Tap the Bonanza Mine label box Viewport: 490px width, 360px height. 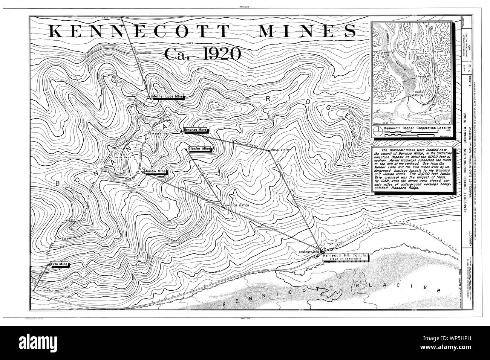point(195,130)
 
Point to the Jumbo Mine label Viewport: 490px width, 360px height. point(156,171)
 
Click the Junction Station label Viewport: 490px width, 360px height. point(237,206)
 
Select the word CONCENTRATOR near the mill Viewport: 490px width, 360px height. point(309,251)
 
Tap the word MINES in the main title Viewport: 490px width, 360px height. point(306,31)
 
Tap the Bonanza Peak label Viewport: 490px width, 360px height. point(158,134)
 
